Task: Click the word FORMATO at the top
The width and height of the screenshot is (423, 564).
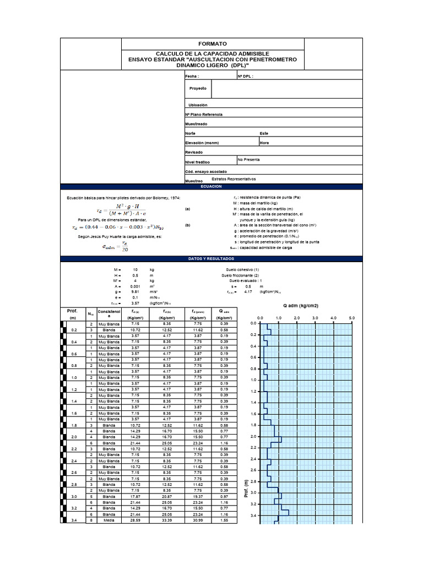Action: [x=212, y=44]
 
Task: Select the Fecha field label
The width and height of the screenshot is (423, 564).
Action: [x=192, y=77]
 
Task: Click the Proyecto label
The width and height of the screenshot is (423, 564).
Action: [x=198, y=88]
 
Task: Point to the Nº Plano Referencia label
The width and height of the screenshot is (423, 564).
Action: [x=204, y=114]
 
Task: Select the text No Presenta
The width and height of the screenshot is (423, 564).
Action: [x=248, y=159]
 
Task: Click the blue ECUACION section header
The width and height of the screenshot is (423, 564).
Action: [x=211, y=187]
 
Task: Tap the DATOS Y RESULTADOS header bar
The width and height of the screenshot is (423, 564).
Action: [x=211, y=258]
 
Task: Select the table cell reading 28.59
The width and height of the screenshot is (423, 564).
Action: [x=135, y=520]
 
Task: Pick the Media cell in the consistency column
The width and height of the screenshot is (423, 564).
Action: [x=109, y=520]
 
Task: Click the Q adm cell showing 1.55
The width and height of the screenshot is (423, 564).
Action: [x=224, y=520]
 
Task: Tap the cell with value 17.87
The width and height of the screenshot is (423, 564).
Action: [x=135, y=496]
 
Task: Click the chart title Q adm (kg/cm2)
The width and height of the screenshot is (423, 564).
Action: [x=301, y=306]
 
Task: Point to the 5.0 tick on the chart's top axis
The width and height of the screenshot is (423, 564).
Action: [x=352, y=318]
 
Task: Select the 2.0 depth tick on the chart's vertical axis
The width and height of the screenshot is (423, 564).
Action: [x=253, y=436]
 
